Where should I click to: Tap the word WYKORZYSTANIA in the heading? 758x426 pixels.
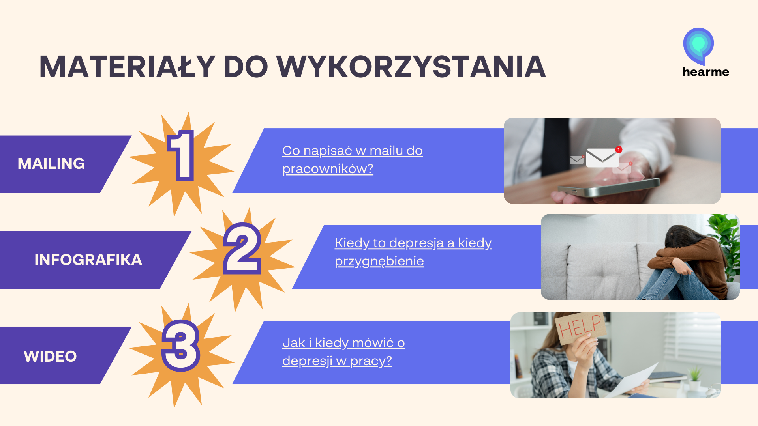click(411, 67)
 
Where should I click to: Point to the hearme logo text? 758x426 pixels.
click(706, 72)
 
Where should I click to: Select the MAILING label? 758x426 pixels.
click(51, 163)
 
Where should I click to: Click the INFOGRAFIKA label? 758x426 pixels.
click(88, 260)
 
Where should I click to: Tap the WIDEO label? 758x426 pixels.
click(50, 356)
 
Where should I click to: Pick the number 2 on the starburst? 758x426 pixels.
click(242, 248)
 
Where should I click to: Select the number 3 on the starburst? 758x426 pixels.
click(181, 346)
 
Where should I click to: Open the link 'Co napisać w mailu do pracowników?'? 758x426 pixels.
click(353, 159)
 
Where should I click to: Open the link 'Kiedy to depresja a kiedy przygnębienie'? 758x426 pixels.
click(413, 252)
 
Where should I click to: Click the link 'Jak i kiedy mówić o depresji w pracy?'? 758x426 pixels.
click(343, 351)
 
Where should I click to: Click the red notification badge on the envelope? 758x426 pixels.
click(619, 149)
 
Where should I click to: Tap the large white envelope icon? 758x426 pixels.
click(602, 157)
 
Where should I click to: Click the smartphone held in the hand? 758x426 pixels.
click(608, 187)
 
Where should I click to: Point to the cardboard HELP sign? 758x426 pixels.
click(581, 326)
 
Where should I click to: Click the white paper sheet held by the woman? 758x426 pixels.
click(632, 381)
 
